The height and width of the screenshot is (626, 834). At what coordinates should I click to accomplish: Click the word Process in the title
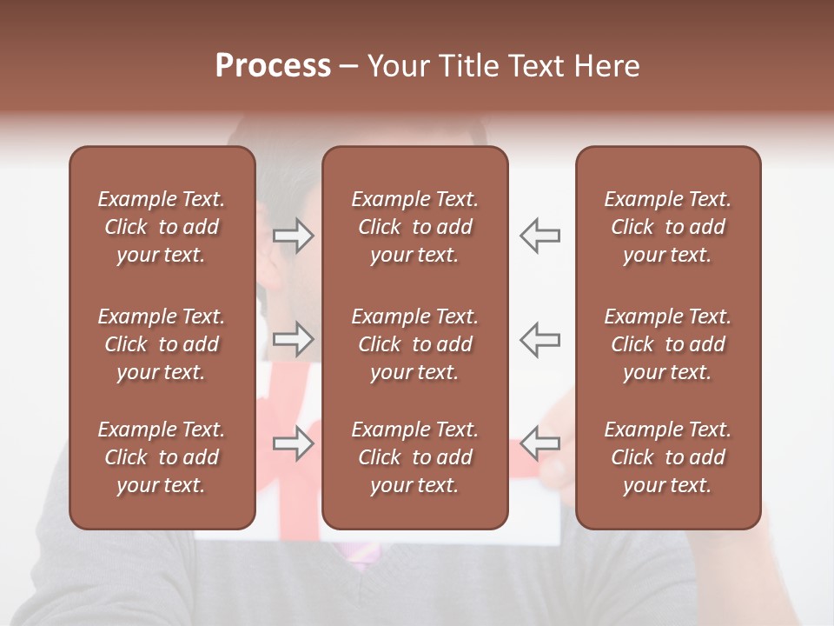pos(273,66)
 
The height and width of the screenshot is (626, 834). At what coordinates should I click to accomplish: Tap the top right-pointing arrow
pos(294,236)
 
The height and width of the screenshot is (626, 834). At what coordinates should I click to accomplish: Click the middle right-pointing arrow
pos(294,338)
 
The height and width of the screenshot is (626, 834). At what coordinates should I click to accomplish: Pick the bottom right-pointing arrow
pos(294,443)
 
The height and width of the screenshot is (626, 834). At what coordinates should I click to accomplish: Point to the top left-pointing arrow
pos(539,236)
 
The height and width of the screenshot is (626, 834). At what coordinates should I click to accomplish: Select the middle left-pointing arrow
pos(539,338)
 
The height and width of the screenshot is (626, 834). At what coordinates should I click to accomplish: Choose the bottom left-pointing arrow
pos(539,443)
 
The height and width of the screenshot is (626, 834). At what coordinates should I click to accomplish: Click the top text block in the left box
pos(162,227)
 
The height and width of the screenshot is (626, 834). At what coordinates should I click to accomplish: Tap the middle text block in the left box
pos(162,344)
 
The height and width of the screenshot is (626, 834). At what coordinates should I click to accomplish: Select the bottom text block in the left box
pos(162,457)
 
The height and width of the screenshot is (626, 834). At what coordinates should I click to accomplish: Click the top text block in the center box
pos(414,227)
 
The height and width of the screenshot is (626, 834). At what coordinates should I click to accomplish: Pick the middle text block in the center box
pos(414,344)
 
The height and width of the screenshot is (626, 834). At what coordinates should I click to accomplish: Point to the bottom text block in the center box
pos(414,457)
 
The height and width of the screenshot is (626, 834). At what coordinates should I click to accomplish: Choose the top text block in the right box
pos(667,227)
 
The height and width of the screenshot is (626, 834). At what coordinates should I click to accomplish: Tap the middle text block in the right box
pos(667,344)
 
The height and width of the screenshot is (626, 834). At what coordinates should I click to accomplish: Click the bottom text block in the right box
pos(667,457)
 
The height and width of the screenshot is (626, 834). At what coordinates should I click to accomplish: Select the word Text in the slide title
pos(536,66)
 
